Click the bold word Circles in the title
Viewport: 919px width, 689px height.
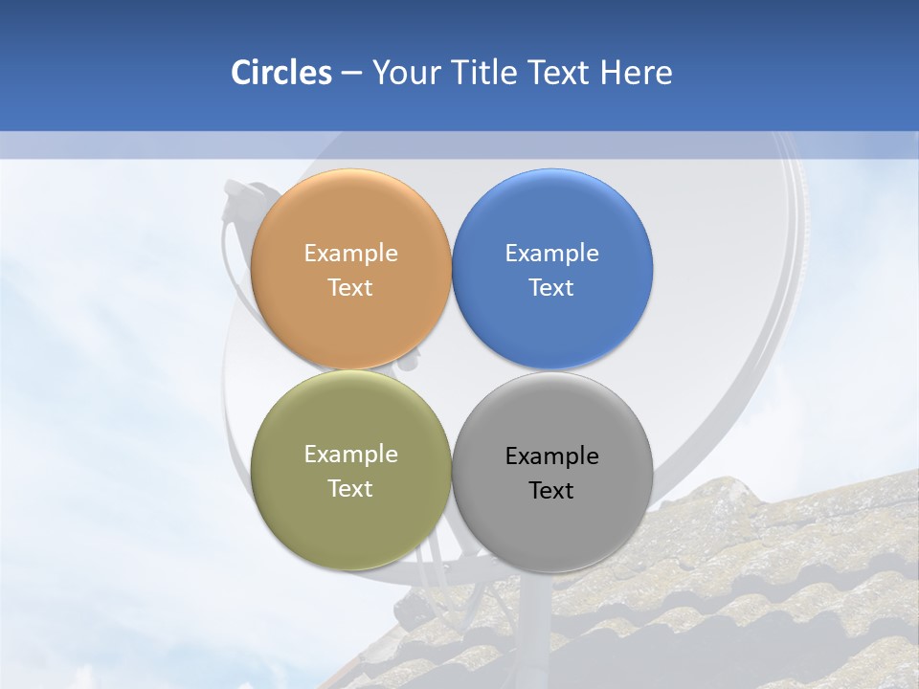[x=280, y=73]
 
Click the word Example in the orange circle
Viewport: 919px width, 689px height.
[x=350, y=253]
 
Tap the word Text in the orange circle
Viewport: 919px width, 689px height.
[x=350, y=287]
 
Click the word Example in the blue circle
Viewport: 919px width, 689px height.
[x=551, y=253]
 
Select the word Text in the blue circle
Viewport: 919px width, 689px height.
[x=551, y=287]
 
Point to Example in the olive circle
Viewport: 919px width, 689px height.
[x=350, y=455]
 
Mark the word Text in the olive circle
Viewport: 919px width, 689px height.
[x=350, y=488]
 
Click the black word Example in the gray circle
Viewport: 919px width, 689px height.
[x=551, y=456]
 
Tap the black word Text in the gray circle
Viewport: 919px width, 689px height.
[x=551, y=490]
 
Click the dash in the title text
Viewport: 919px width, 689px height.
[x=351, y=74]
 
